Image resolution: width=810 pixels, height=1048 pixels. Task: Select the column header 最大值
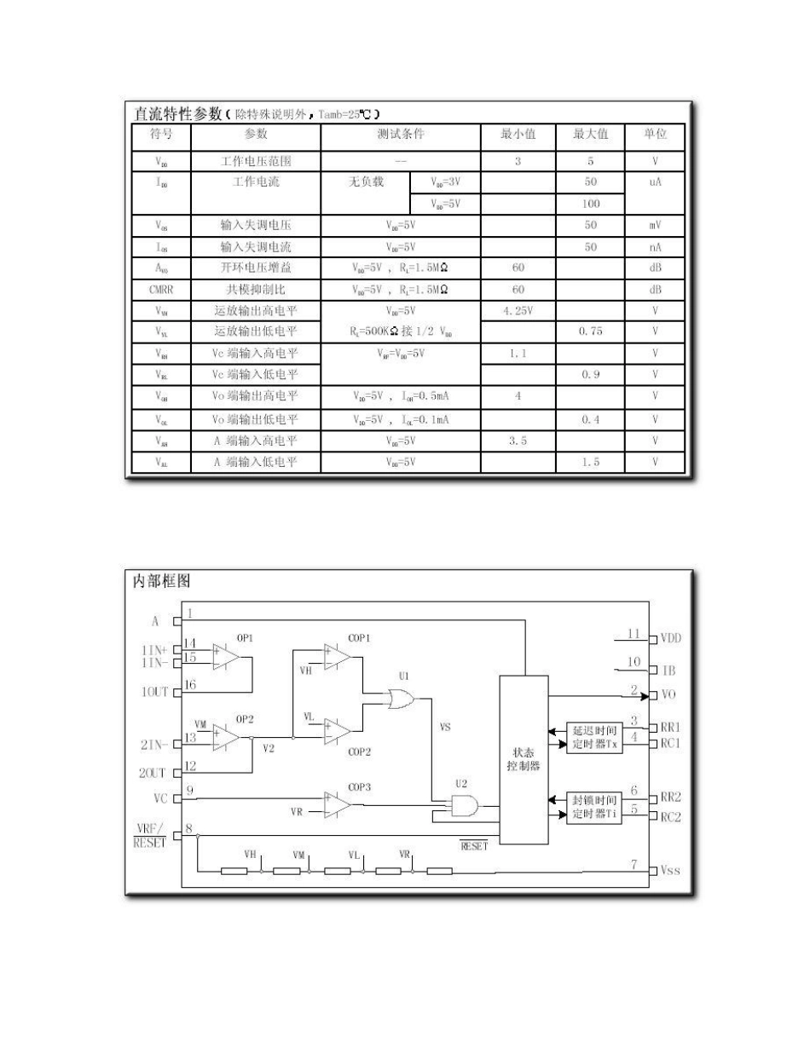(591, 135)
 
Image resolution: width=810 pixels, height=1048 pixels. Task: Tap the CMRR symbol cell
(161, 289)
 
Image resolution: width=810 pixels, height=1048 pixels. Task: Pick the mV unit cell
(655, 226)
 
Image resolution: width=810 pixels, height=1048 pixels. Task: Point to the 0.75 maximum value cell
(590, 331)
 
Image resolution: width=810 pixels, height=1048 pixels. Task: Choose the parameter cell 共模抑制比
(255, 289)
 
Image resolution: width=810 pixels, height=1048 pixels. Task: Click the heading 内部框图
(161, 582)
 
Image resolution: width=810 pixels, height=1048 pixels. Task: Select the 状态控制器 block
(523, 758)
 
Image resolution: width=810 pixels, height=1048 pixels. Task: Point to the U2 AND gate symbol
(464, 805)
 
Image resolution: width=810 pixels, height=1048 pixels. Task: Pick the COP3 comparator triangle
(338, 803)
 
